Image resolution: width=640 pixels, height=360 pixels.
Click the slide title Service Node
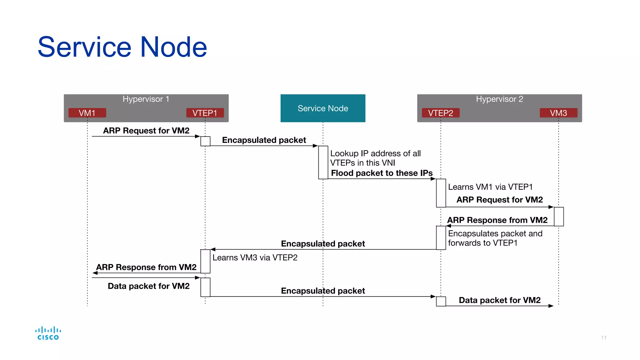point(122,47)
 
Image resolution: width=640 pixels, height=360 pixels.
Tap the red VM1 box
point(87,113)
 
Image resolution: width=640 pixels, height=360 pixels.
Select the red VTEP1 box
point(205,113)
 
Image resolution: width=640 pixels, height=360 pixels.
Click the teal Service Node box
point(323,108)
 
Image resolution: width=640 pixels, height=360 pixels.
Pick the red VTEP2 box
point(441,113)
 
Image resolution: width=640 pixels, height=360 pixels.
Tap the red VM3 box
point(558,113)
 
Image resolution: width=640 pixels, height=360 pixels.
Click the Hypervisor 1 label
point(146,99)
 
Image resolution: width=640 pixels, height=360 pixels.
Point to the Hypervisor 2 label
point(499,99)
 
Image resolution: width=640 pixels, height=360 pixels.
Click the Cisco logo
point(48,333)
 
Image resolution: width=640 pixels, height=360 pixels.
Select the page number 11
point(604,337)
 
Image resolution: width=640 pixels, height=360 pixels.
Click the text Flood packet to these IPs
point(382,173)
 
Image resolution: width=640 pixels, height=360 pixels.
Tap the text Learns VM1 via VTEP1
point(490,187)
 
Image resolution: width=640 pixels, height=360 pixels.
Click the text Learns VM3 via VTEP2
point(255,257)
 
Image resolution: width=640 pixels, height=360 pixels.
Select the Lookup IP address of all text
point(375,153)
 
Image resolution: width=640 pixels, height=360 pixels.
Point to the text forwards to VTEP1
point(482,243)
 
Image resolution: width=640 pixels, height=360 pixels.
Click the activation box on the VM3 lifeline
point(559,216)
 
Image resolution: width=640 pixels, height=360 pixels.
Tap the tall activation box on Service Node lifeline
point(323,162)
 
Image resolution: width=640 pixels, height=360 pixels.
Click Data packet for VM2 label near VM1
point(148,286)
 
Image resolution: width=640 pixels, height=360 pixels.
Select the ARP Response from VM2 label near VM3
point(497,220)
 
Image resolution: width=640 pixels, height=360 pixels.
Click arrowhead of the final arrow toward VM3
point(551,306)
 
